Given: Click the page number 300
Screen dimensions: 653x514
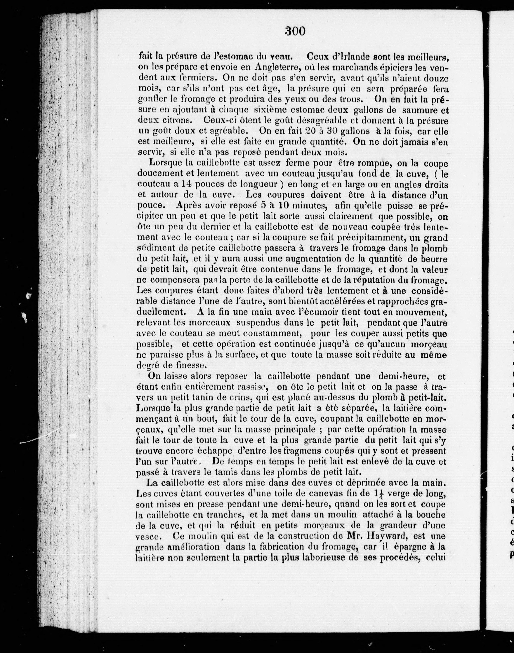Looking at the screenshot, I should click(295, 31).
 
